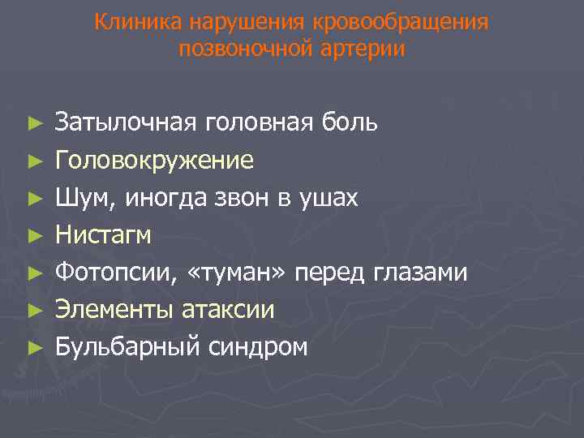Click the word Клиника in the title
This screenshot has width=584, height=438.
131,22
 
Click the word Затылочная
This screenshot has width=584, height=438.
126,122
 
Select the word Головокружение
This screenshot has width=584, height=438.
154,160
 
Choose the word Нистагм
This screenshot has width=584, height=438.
103,235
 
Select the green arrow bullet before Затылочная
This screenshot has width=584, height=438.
33,123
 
